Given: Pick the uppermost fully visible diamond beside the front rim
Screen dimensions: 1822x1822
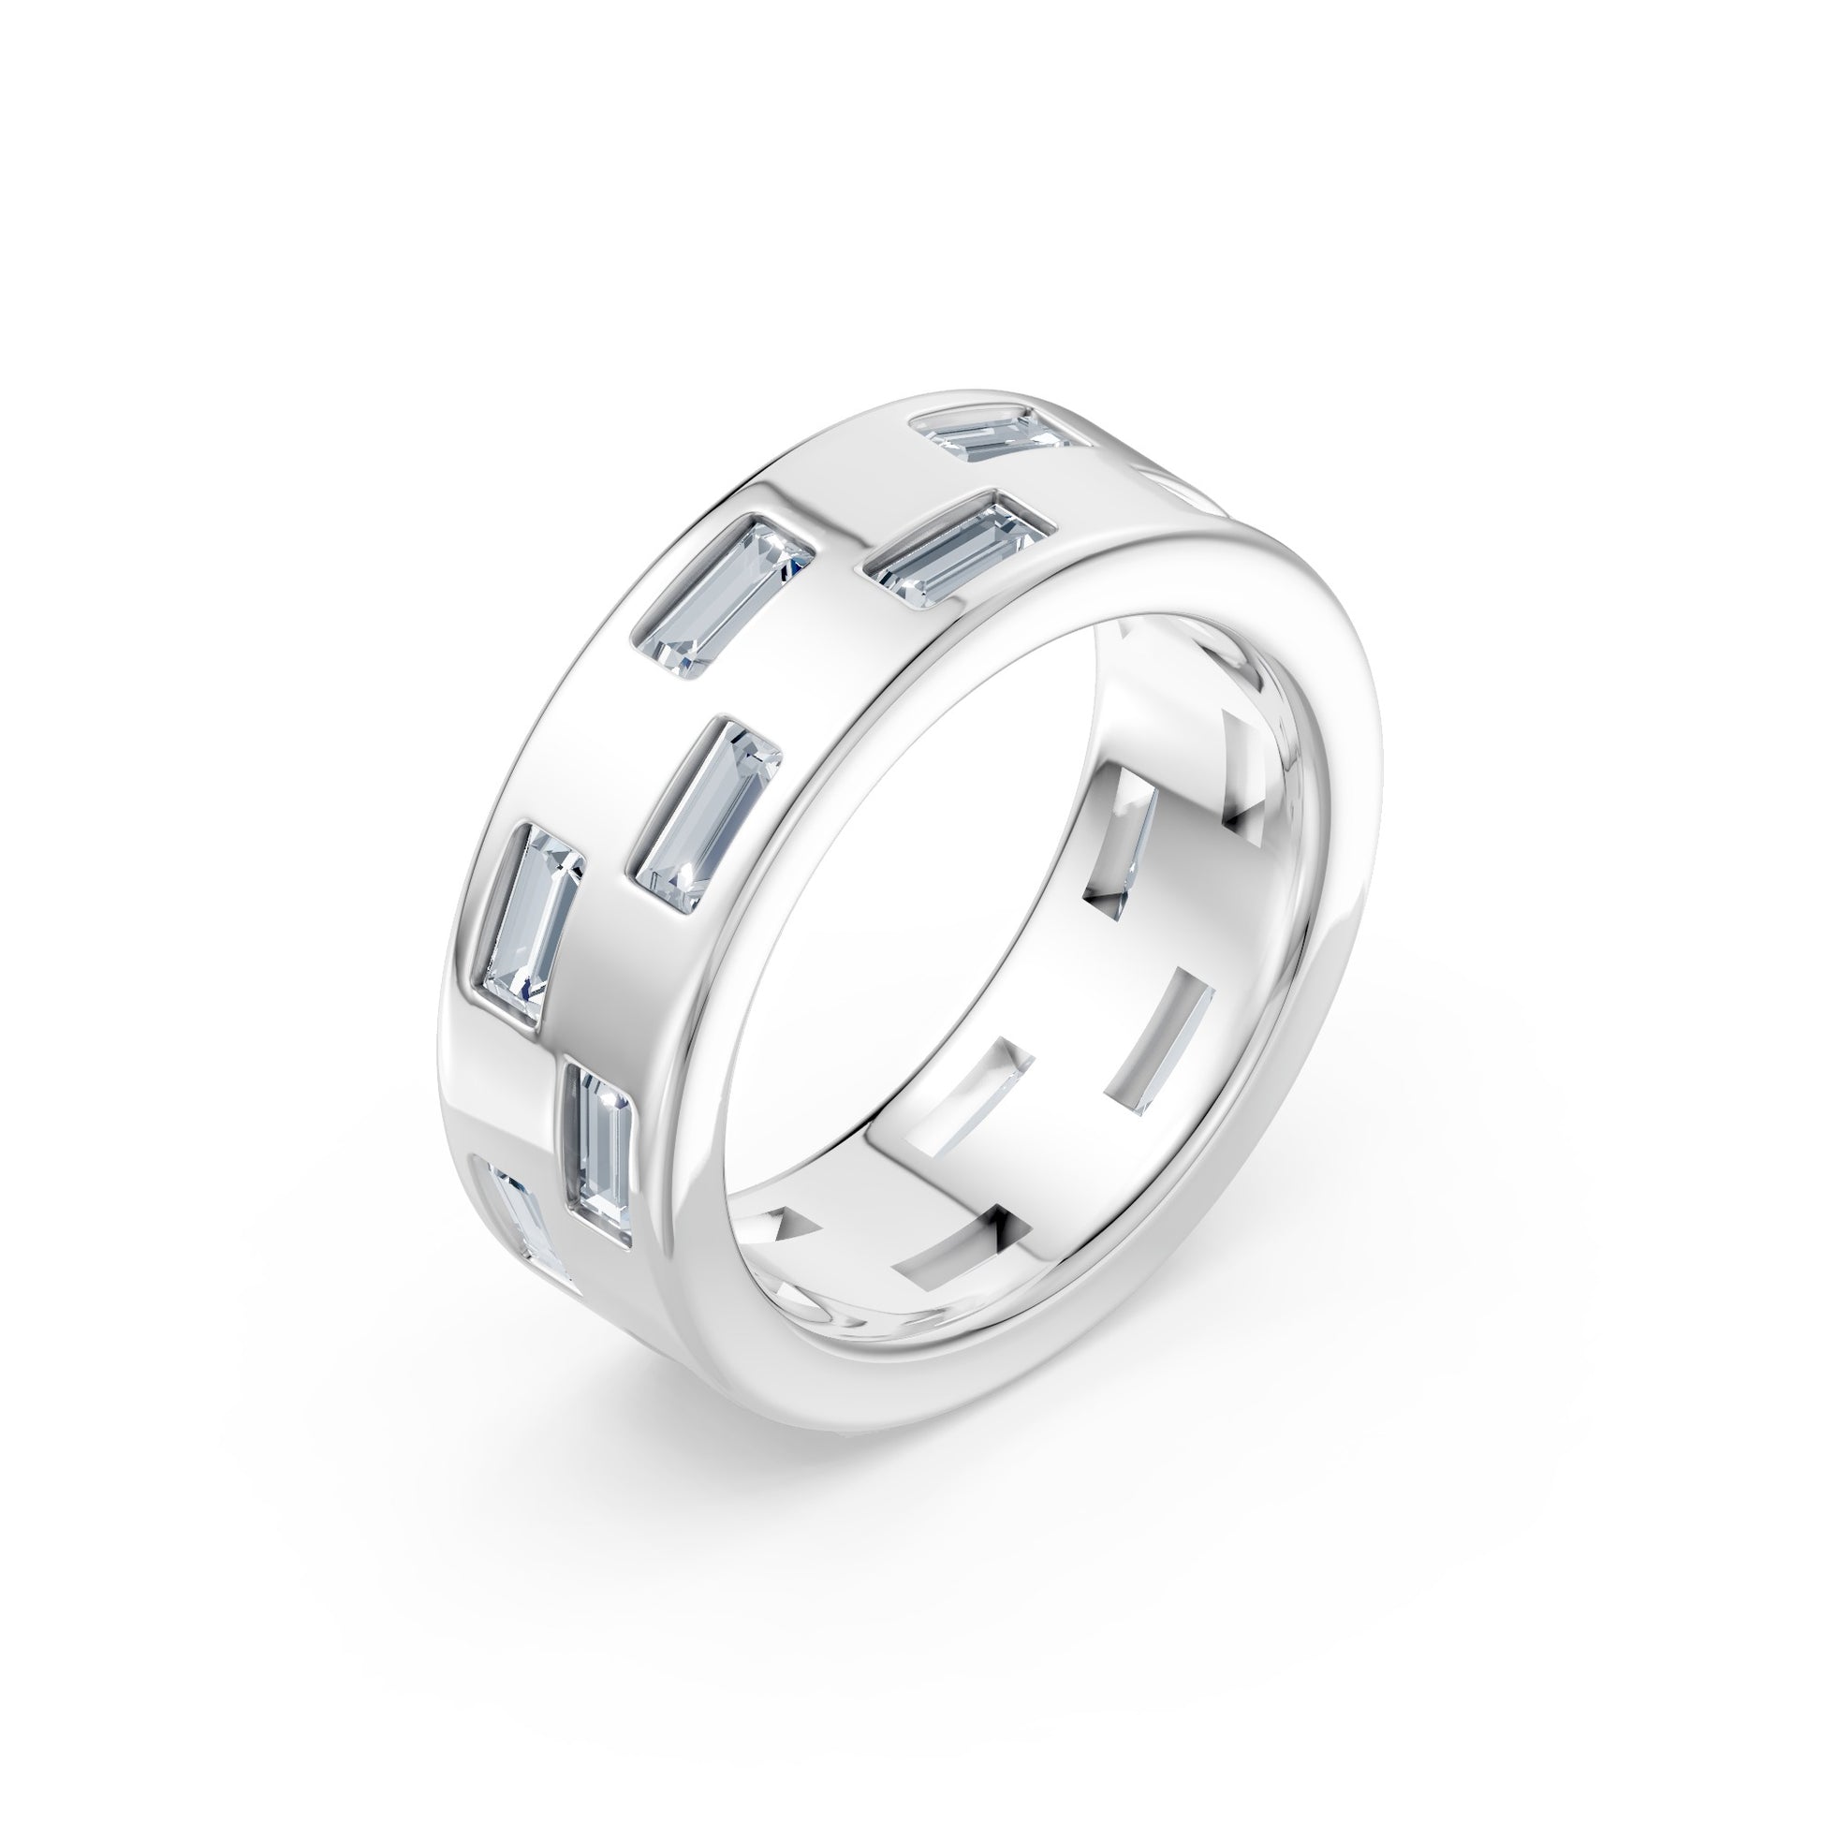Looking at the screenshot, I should click(x=954, y=554).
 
